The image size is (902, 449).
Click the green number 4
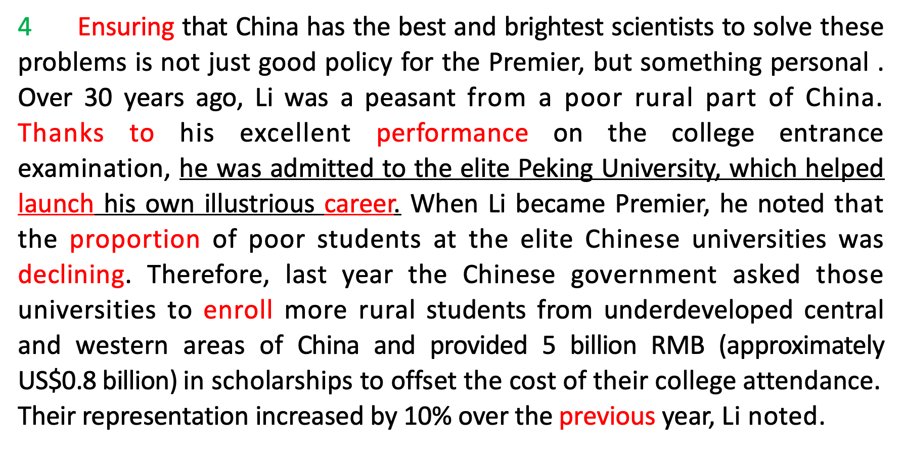tap(25, 27)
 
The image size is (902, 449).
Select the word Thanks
tap(61, 133)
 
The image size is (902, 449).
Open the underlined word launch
tap(56, 204)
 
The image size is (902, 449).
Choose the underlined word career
tap(359, 204)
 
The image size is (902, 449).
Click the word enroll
tap(238, 310)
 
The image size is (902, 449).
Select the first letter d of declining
tap(25, 275)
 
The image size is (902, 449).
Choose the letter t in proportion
tap(160, 240)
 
